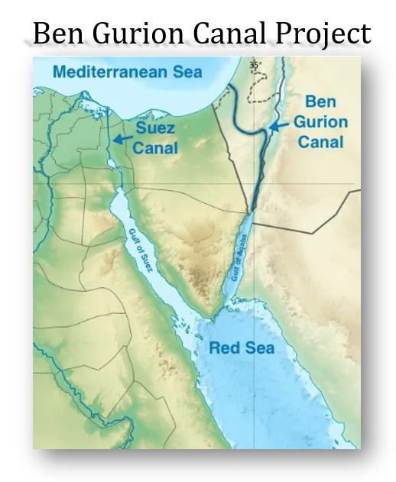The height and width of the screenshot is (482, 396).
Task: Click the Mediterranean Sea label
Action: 128,73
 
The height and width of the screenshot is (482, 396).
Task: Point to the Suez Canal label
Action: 156,137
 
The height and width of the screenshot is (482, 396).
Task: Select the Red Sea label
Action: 242,348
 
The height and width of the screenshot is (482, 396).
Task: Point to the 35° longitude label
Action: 255,66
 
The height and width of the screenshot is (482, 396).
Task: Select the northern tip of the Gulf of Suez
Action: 116,192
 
